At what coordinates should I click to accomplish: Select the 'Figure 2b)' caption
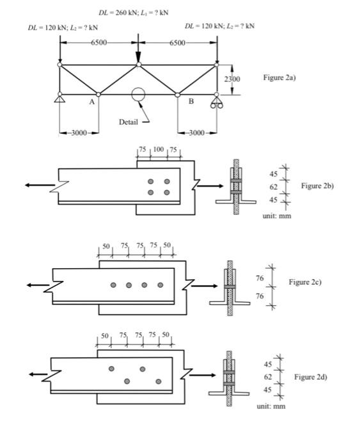point(318,186)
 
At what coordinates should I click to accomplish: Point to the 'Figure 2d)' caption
point(311,378)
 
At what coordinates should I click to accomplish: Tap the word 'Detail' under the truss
point(128,122)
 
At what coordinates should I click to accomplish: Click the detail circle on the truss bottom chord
point(138,95)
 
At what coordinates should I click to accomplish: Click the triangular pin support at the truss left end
point(59,99)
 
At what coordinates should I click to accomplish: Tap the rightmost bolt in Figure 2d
point(158,381)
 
